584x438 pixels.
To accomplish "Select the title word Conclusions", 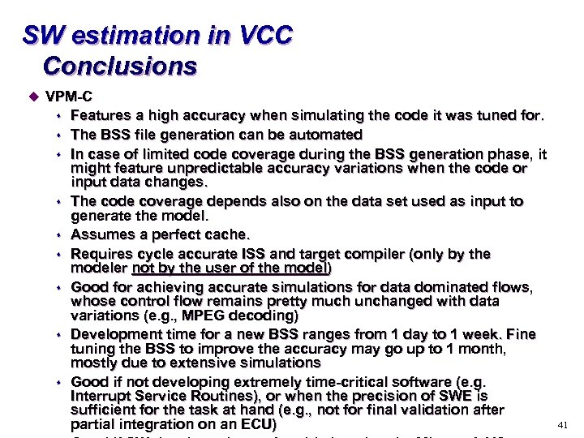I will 119,65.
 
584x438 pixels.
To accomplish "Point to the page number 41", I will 565,425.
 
